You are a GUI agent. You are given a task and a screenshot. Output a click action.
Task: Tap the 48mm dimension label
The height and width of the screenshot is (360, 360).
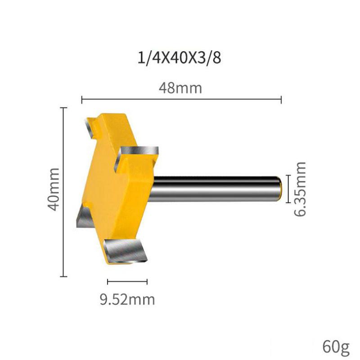180,87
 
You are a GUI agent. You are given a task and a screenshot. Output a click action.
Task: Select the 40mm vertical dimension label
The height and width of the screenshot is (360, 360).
54,189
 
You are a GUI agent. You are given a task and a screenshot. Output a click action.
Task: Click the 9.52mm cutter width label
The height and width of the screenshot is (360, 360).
127,298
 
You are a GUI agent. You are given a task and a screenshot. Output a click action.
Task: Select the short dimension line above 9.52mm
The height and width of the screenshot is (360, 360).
127,282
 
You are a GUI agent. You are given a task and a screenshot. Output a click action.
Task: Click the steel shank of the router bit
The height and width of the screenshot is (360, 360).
216,189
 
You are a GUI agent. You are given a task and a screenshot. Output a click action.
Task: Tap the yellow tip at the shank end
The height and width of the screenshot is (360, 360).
280,189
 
